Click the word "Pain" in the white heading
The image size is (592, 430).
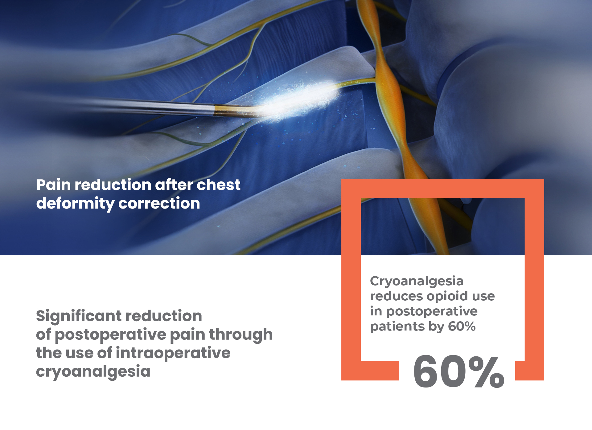click(x=54, y=185)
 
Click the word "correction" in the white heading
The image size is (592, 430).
click(x=159, y=204)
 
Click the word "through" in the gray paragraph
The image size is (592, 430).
click(x=241, y=335)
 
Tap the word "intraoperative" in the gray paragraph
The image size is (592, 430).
click(x=173, y=353)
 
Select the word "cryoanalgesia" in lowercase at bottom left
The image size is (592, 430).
click(x=93, y=372)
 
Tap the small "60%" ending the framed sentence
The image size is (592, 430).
click(x=462, y=326)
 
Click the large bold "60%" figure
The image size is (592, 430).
click(x=459, y=371)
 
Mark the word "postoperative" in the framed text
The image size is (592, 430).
click(x=432, y=312)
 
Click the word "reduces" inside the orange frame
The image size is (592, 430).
click(x=396, y=297)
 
